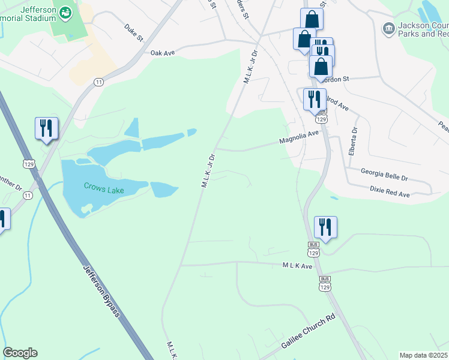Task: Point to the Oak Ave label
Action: point(162,53)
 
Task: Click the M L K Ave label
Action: point(298,265)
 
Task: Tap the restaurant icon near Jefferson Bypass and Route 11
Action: point(46,128)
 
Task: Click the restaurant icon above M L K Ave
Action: point(325,227)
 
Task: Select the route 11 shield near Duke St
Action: point(99,82)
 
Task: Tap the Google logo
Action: point(20,353)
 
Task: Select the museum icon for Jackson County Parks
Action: point(388,28)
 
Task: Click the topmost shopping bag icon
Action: point(312,19)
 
